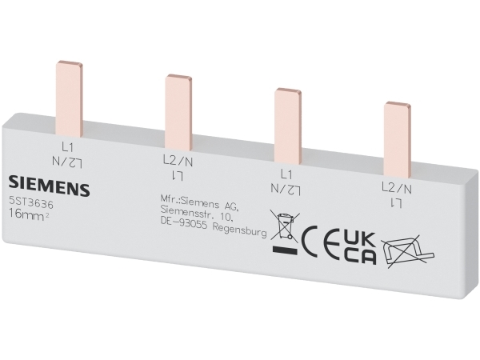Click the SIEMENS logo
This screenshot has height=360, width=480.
click(x=49, y=186)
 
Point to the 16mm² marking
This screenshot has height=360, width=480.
click(x=29, y=214)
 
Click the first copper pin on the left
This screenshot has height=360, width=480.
click(x=69, y=98)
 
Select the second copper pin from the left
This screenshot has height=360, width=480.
click(x=178, y=112)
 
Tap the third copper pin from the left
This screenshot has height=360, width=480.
click(x=288, y=126)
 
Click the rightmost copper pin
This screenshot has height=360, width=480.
click(x=398, y=139)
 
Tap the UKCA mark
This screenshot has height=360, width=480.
click(x=360, y=249)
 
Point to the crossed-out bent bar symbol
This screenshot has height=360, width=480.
click(x=408, y=252)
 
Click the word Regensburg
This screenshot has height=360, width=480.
click(x=239, y=230)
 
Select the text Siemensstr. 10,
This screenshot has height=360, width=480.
click(x=198, y=214)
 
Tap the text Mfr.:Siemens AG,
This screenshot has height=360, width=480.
click(x=198, y=202)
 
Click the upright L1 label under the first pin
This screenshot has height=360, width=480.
click(x=67, y=147)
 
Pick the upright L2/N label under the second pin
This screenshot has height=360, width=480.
click(x=178, y=161)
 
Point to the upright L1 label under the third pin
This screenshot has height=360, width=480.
click(x=286, y=174)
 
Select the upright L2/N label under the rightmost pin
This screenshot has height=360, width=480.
click(x=397, y=188)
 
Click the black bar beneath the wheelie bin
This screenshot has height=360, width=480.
click(x=284, y=250)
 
